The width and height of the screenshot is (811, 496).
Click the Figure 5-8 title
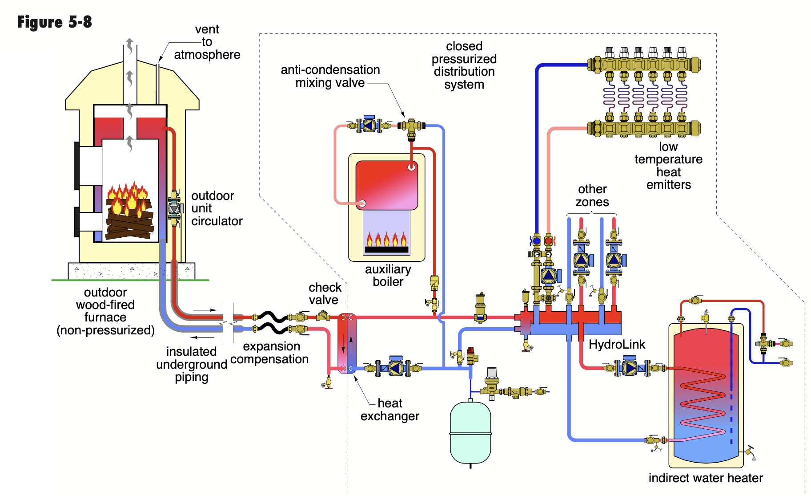(x=55, y=22)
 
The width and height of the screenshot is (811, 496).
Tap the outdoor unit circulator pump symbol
(x=174, y=208)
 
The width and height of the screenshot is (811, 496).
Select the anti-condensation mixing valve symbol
(x=411, y=126)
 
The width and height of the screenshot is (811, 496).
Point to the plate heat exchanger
(x=347, y=343)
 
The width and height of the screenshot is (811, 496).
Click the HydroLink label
(x=617, y=344)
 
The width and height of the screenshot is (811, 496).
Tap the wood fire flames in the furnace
(x=128, y=198)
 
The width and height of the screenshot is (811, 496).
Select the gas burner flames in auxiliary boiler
(x=386, y=239)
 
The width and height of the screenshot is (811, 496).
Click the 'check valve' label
(x=325, y=293)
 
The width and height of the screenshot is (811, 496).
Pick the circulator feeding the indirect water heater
(x=630, y=368)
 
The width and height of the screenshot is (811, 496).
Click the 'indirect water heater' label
(x=706, y=478)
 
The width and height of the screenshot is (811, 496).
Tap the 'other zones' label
(x=592, y=195)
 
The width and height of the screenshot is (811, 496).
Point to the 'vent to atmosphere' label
(x=207, y=42)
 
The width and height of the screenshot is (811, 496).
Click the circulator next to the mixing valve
(x=369, y=126)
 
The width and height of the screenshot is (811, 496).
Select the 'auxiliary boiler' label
(x=388, y=275)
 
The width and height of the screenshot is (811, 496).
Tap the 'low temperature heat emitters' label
(x=668, y=165)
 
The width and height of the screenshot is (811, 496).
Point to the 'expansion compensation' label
(x=270, y=353)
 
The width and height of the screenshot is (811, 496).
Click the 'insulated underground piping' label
(x=192, y=364)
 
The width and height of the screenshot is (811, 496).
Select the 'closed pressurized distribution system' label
(x=464, y=65)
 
